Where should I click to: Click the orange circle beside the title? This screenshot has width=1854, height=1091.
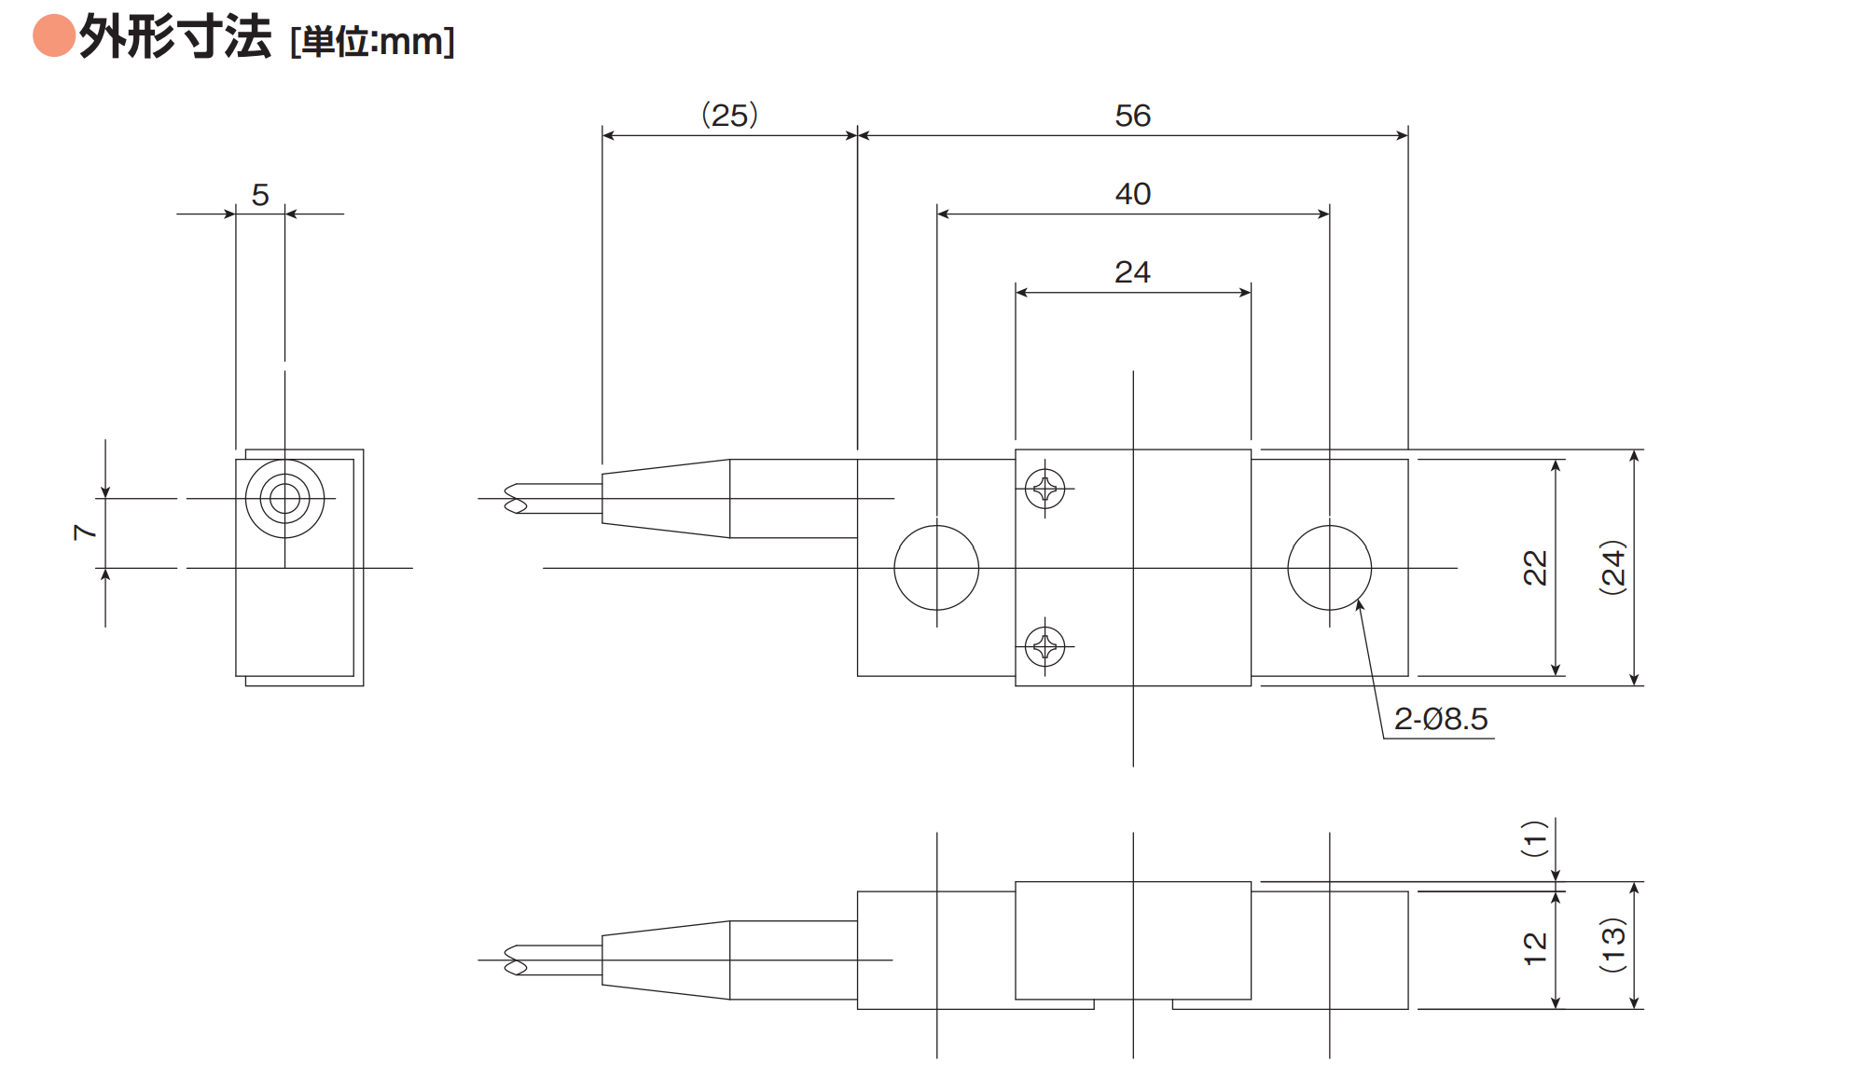[x=54, y=35]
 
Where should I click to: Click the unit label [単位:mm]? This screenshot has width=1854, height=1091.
[x=373, y=42]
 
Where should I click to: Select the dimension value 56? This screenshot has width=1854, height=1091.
[x=1133, y=116]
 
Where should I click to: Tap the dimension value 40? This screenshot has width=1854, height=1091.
[x=1133, y=194]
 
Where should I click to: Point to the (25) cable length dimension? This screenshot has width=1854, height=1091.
[x=729, y=116]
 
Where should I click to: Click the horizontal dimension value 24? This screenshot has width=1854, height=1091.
[x=1133, y=272]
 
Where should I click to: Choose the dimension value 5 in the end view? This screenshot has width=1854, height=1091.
[x=260, y=195]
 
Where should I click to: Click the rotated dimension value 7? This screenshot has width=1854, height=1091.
[x=85, y=532]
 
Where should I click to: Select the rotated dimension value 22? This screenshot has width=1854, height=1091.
[x=1535, y=568]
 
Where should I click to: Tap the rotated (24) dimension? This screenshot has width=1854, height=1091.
[x=1613, y=567]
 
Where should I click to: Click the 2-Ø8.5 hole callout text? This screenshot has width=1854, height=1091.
[x=1441, y=719]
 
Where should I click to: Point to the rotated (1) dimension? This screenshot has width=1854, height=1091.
[x=1535, y=839]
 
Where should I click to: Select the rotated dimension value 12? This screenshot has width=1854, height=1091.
[x=1535, y=949]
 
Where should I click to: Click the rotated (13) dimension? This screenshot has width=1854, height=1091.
[x=1613, y=946]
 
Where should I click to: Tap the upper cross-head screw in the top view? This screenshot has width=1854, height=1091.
[x=1045, y=489]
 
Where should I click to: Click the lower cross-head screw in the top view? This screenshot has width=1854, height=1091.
[x=1045, y=646]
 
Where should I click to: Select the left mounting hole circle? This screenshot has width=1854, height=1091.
[x=894, y=568]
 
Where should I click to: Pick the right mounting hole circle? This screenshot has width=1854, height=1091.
[x=1288, y=568]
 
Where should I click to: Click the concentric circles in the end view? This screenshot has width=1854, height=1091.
[x=246, y=499]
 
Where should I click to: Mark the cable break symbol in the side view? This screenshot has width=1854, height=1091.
[x=516, y=960]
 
